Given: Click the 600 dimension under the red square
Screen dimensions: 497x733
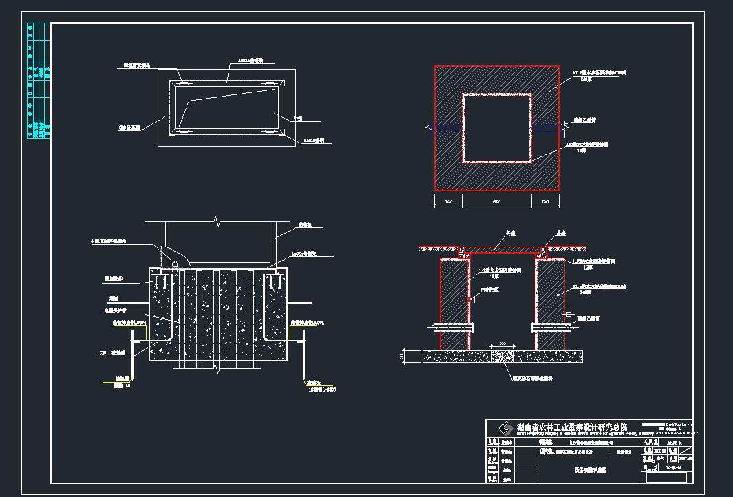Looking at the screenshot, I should tap(496, 201).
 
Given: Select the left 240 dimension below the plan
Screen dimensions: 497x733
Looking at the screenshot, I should tap(447, 201).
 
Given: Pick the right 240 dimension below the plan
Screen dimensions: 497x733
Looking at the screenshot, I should tap(544, 201).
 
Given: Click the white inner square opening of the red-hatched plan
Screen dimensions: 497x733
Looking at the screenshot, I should tap(496, 128).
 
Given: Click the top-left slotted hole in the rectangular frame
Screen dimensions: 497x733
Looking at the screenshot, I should tap(184, 84).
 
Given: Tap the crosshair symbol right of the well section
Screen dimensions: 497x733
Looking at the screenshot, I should tap(569, 315).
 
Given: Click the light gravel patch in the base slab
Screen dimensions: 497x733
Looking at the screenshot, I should tap(502, 356).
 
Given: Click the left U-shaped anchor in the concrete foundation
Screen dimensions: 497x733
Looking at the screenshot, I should tap(160, 281).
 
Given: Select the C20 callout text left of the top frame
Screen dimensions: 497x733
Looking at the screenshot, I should tap(129, 128).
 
